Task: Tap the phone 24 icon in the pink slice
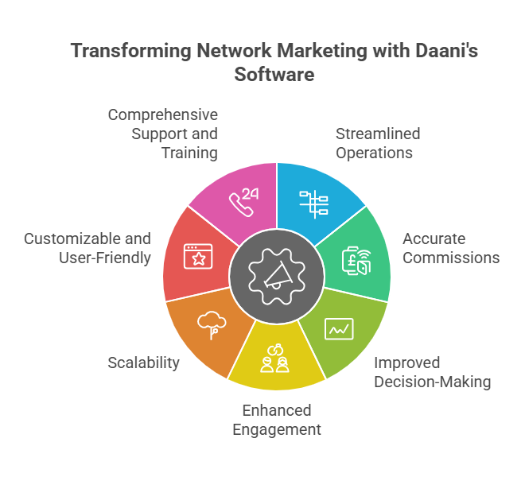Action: tap(245, 198)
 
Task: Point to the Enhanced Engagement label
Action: tap(277, 420)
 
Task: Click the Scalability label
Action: tap(143, 363)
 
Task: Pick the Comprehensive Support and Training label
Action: tap(162, 134)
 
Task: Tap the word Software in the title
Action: tap(274, 75)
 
